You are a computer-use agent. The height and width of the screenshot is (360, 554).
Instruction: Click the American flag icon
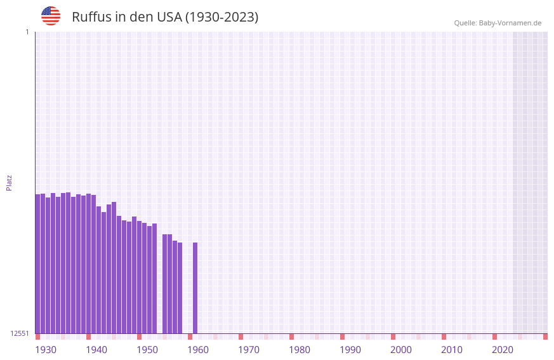point(51,16)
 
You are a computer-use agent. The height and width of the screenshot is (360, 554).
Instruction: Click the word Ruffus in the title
point(91,17)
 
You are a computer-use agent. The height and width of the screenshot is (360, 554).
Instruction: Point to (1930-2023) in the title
point(221,17)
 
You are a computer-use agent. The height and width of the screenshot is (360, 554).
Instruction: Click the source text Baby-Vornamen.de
point(510,23)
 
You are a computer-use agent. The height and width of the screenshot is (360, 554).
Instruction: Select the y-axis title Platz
point(9,182)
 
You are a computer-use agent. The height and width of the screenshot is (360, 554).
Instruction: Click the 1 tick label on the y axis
point(27,32)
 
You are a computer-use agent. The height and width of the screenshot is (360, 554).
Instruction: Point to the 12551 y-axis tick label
point(20,333)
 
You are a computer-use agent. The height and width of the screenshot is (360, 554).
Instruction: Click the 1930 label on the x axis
point(46,350)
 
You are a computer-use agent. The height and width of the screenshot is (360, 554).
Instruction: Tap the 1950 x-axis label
point(147,350)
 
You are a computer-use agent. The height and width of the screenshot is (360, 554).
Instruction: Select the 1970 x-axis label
point(249,350)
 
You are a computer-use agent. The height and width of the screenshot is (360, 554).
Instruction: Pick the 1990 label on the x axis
point(350,350)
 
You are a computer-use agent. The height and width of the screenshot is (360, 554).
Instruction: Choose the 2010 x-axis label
point(452,350)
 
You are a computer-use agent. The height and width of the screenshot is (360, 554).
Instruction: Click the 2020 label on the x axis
point(503,350)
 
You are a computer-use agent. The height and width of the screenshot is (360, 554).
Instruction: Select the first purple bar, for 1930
point(37,263)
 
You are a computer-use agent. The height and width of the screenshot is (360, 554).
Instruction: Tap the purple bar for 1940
point(88,263)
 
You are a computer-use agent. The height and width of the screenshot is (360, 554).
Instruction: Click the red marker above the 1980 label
point(291,337)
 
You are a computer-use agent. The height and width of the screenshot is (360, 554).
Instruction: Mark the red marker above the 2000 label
point(393,337)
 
